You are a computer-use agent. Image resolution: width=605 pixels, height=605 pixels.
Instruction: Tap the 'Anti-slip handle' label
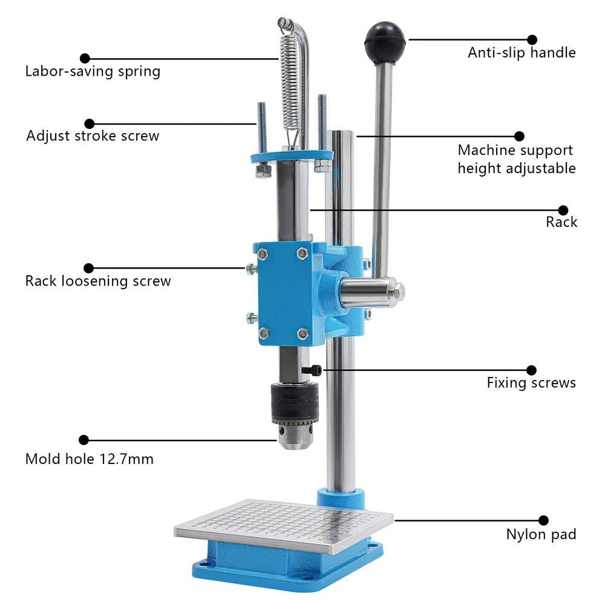tap(522, 53)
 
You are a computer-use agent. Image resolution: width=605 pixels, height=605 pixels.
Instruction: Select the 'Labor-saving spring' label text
tap(93, 71)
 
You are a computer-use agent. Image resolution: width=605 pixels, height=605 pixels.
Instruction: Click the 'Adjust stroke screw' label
tap(93, 136)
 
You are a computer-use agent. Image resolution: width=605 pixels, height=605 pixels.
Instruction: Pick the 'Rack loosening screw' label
tap(98, 281)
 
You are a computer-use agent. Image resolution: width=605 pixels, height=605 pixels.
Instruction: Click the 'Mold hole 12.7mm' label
tap(89, 459)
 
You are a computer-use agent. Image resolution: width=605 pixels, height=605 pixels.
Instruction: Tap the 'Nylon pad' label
tap(541, 534)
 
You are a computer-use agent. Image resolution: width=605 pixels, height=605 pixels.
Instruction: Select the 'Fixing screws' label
tap(531, 383)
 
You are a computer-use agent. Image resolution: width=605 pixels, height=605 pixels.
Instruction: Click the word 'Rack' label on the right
tap(561, 222)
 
